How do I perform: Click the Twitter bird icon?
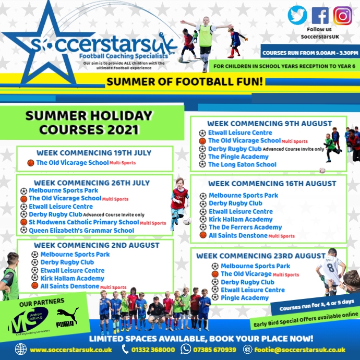tap(297, 15)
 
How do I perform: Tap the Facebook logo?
tap(320, 15)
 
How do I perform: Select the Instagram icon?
tap(343, 15)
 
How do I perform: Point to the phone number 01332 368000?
tap(152, 350)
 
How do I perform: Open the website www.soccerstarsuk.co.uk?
tap(70, 350)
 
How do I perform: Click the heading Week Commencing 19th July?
tap(94, 153)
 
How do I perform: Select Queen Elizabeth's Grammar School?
tap(81, 230)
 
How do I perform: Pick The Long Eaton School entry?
tap(242, 164)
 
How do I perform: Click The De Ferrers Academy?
tap(238, 227)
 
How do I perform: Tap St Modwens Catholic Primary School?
tap(83, 222)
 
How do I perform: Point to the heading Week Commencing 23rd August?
tap(261, 256)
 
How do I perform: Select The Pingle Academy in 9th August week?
tap(238, 157)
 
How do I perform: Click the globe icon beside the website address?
tap(21, 350)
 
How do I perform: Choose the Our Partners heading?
tap(42, 302)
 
